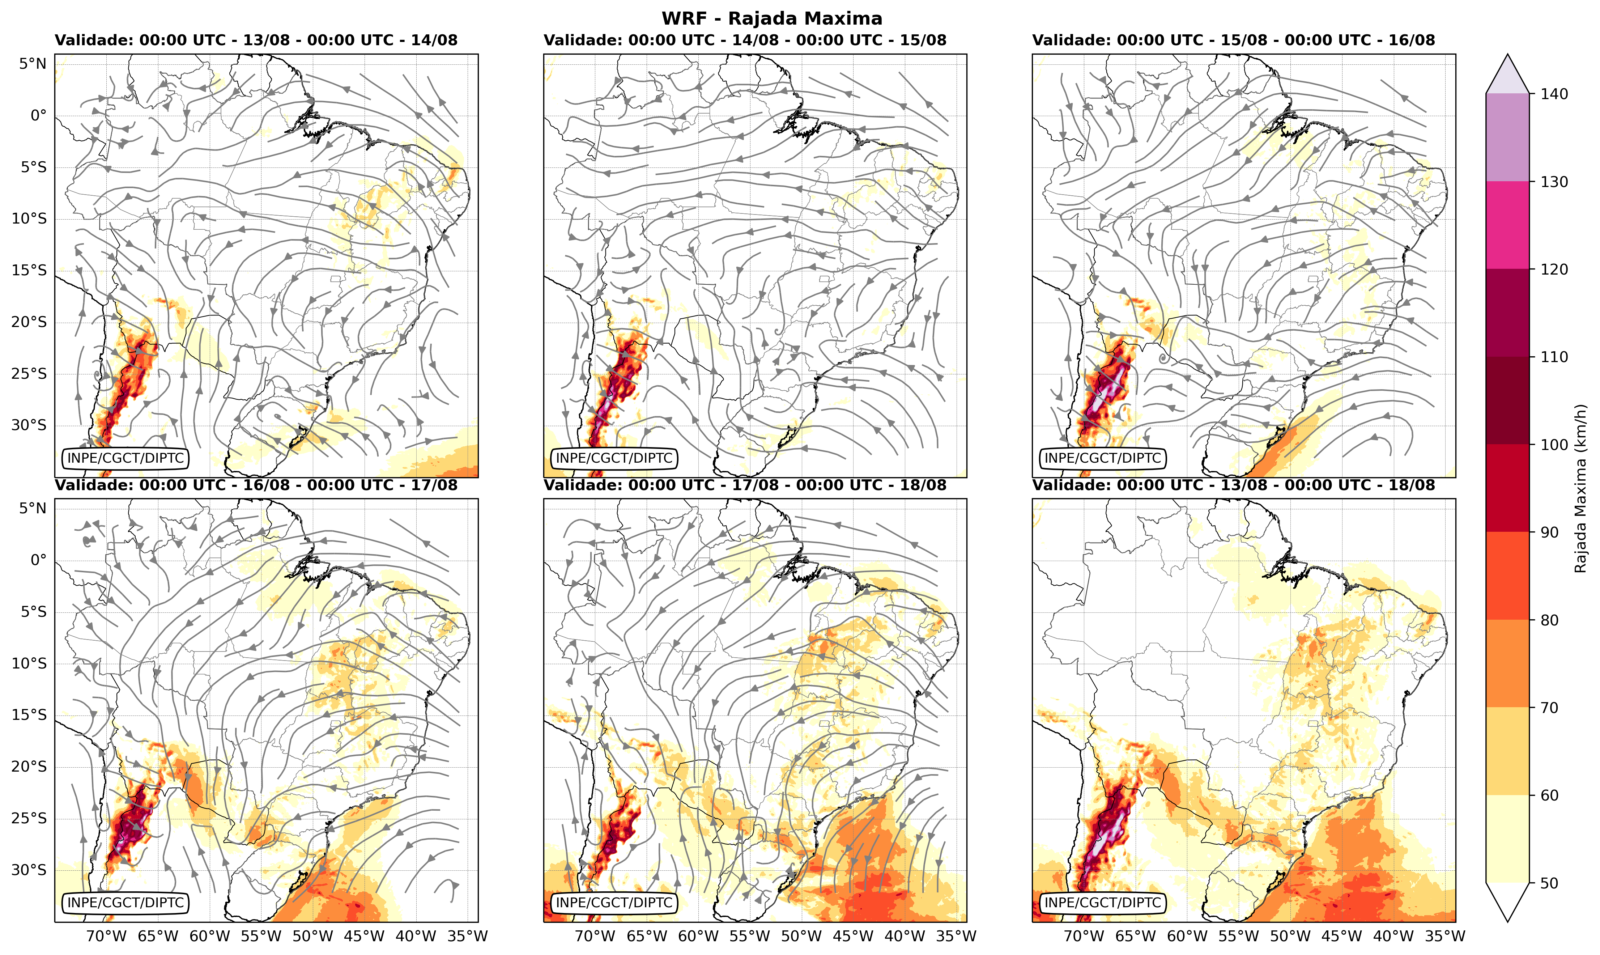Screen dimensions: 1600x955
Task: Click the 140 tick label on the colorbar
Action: coord(1554,94)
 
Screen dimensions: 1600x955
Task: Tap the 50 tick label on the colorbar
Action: coord(1550,883)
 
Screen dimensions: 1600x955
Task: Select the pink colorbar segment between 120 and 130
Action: coord(1507,225)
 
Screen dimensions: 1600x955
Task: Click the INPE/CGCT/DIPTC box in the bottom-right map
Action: coord(1103,903)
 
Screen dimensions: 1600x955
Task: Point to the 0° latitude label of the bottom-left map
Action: coord(39,560)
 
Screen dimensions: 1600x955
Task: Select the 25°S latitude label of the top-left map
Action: coord(29,374)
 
